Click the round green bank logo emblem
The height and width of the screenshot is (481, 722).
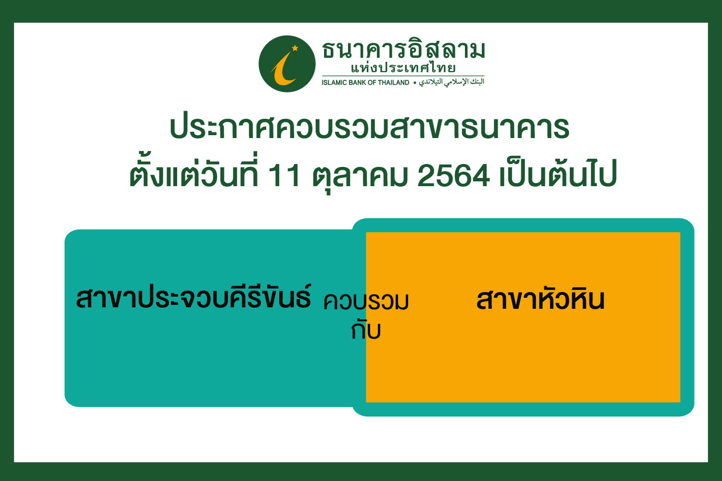coord(287,64)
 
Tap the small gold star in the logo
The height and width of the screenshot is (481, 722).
coord(295,48)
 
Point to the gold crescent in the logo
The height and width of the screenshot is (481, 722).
coord(284,70)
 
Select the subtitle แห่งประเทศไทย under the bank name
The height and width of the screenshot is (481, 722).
coord(403,68)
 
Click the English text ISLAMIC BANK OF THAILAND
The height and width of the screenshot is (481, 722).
coord(365,82)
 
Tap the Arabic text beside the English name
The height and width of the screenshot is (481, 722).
coord(451,82)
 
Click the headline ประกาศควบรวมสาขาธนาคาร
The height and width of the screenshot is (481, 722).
coord(369,127)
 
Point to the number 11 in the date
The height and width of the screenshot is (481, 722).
coord(284,176)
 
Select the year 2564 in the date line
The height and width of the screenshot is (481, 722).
coord(453,176)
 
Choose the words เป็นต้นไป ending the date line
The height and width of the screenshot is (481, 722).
coord(558,172)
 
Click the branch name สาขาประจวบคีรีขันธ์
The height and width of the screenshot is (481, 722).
coord(193,296)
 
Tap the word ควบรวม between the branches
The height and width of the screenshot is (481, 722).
coord(366,302)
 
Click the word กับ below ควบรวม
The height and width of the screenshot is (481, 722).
coord(366,330)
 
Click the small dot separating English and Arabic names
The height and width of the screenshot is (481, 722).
coord(415,83)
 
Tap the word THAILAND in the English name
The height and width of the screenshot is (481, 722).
coord(393,82)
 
